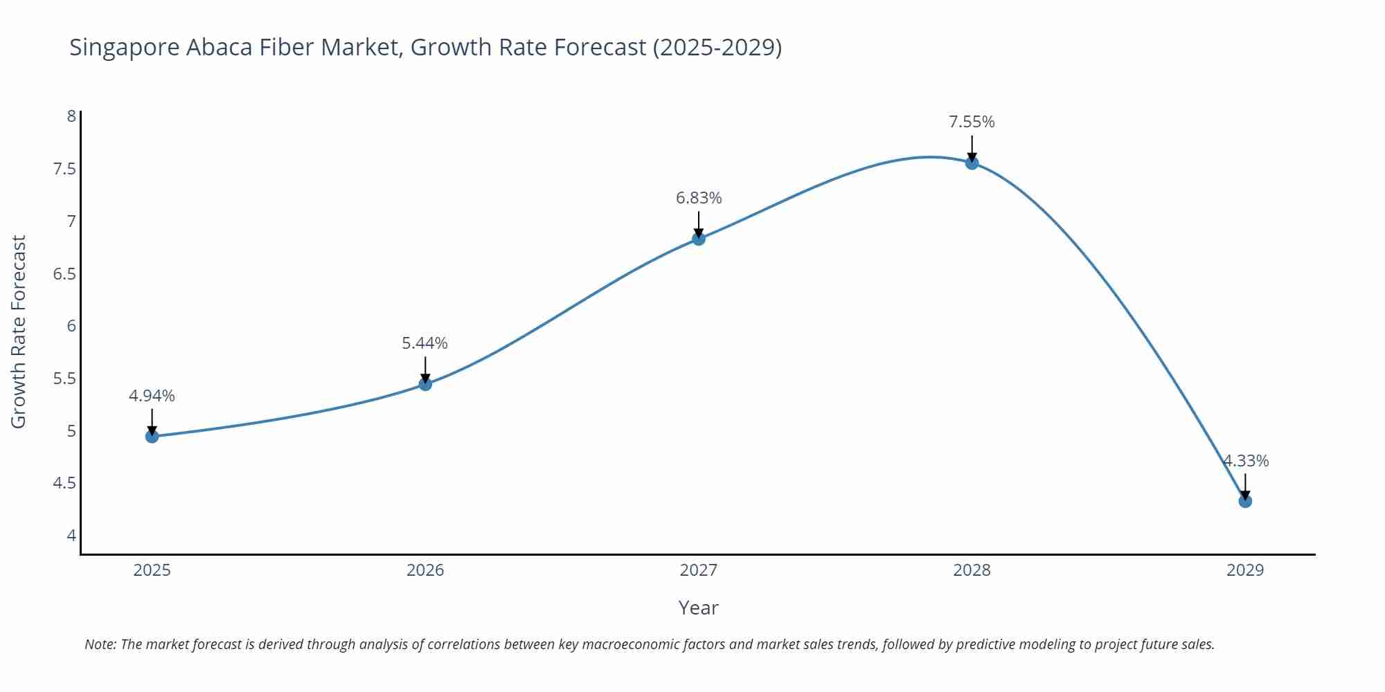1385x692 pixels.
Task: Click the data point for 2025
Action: [x=152, y=436]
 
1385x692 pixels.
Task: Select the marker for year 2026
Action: [x=425, y=383]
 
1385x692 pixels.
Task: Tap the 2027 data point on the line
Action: [x=698, y=239]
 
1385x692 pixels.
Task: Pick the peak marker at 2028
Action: [x=972, y=163]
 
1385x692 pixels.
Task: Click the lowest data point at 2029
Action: [x=1245, y=501]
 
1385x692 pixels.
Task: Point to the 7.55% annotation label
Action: [x=972, y=122]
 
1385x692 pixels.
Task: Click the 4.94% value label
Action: [x=152, y=396]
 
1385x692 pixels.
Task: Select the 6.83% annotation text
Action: [x=698, y=198]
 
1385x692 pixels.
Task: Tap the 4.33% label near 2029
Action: [x=1245, y=461]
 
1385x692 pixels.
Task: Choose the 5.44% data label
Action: [x=425, y=343]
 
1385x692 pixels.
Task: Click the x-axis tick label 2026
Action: [x=425, y=570]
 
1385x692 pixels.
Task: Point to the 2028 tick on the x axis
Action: [x=972, y=570]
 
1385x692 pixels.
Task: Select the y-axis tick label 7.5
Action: [x=64, y=169]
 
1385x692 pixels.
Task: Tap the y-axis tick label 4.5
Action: [x=64, y=483]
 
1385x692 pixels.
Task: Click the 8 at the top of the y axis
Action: [x=71, y=116]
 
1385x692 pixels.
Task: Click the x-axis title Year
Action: [x=698, y=608]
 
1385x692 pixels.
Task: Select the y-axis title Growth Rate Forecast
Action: [x=19, y=331]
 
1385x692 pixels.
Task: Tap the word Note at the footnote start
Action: [x=99, y=644]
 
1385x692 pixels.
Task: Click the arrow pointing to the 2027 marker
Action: [x=698, y=224]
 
